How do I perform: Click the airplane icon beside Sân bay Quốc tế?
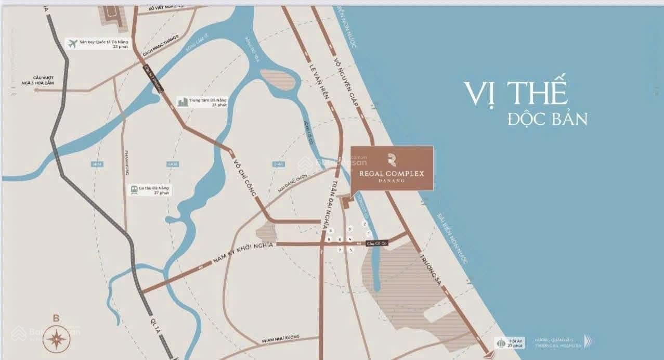tap(72, 44)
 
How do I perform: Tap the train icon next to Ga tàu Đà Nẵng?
tap(134, 190)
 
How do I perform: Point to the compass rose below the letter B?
tap(56, 339)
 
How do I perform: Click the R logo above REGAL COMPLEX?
tap(392, 160)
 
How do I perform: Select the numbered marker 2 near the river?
tap(365, 224)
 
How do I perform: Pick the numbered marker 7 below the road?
tap(340, 250)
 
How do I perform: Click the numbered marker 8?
tap(330, 230)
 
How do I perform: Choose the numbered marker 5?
tap(350, 250)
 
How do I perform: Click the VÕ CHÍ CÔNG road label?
tap(246, 178)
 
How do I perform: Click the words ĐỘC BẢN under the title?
tap(547, 119)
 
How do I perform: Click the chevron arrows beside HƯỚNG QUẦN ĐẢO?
tap(588, 341)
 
